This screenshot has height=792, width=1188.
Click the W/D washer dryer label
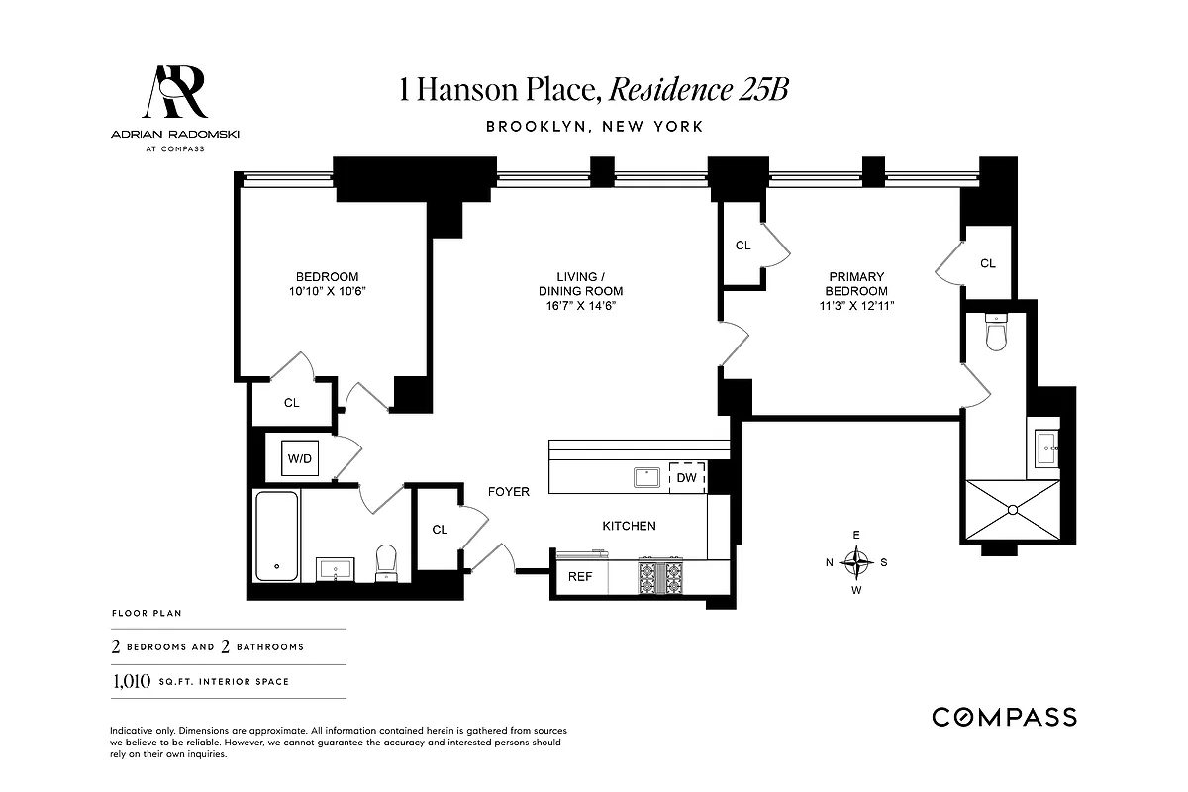[x=299, y=458]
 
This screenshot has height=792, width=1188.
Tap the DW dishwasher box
[x=686, y=478]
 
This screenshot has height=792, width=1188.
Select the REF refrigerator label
[x=579, y=577]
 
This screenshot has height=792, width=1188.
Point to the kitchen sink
[x=647, y=477]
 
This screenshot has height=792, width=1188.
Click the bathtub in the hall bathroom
[x=277, y=536]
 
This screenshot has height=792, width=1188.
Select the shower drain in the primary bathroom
[x=1013, y=510]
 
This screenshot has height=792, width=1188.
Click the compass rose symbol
[x=856, y=562]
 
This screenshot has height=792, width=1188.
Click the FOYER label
[x=508, y=491]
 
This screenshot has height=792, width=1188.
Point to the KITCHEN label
[x=629, y=526]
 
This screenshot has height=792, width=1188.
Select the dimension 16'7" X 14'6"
[x=580, y=307]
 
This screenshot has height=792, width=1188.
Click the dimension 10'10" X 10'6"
[x=327, y=291]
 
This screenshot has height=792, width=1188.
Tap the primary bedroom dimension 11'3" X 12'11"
[x=857, y=307]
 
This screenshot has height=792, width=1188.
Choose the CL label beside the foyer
[x=440, y=530]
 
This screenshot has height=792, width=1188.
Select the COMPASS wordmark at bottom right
[x=1004, y=717]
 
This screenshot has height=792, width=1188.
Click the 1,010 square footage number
[x=130, y=681]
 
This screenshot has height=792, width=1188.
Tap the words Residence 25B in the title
[x=698, y=90]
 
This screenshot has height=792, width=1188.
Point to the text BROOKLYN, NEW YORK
[x=594, y=127]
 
